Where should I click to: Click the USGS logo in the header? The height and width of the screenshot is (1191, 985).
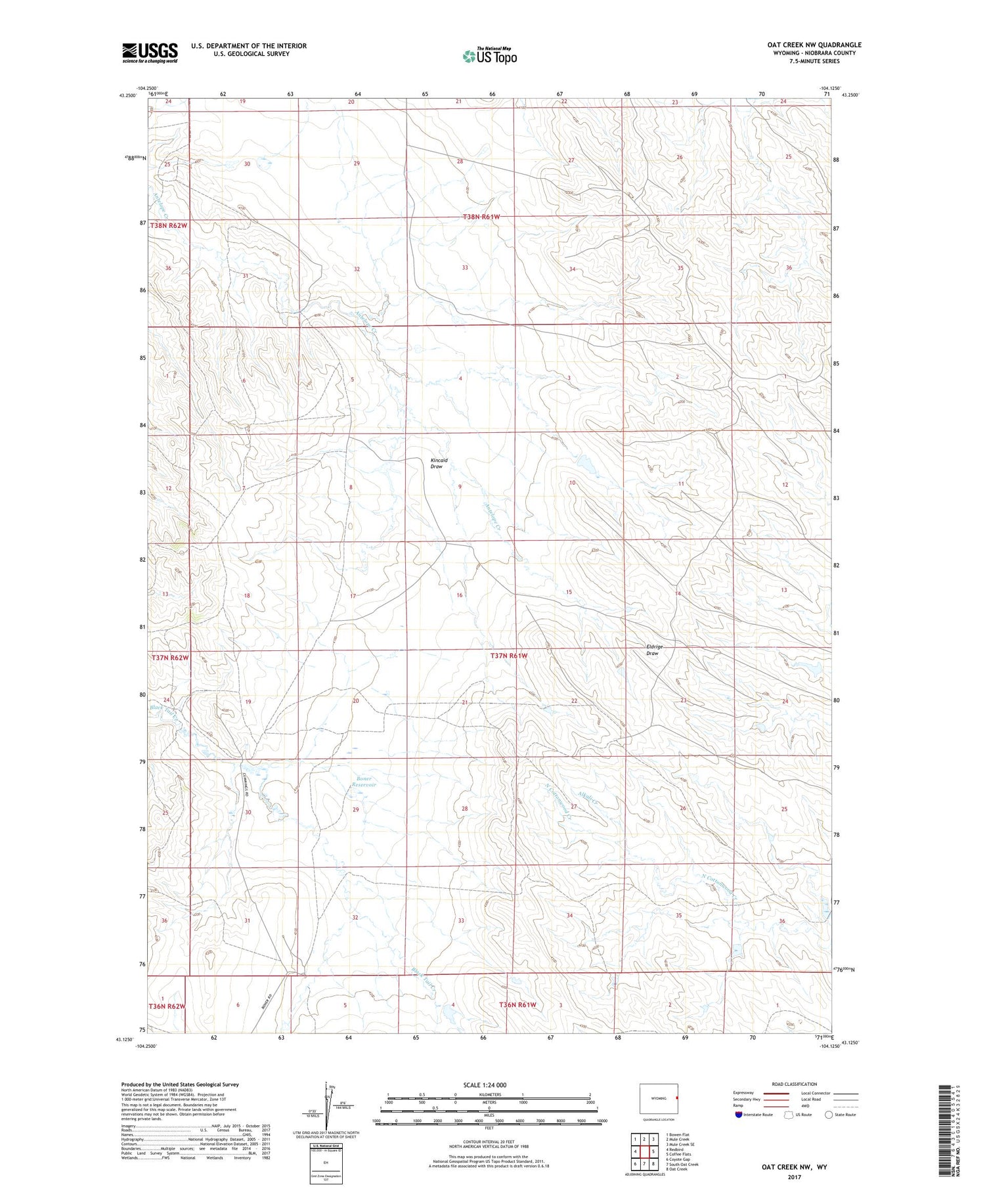point(150,53)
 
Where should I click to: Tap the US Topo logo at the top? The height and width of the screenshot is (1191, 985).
point(489,56)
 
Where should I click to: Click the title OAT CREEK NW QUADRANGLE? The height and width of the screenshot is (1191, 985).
point(814,45)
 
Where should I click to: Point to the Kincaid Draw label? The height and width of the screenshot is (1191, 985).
point(439,463)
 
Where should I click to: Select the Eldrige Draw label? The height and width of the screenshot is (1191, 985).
point(654,650)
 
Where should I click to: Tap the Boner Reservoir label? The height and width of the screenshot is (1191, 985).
point(363,782)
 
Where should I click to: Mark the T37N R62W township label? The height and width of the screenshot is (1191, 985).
point(170,658)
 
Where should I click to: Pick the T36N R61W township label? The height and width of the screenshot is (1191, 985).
point(517,1005)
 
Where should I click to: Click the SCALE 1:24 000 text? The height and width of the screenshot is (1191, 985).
point(485,1085)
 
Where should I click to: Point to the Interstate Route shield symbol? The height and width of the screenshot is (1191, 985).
point(739,1115)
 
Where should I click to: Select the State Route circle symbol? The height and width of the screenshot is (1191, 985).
point(829,1115)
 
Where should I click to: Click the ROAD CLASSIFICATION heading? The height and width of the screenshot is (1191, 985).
point(795,1084)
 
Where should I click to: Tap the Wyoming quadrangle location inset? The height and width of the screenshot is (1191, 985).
point(659,1098)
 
